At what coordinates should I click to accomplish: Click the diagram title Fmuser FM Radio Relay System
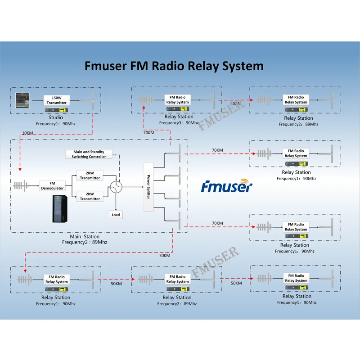click(x=174, y=66)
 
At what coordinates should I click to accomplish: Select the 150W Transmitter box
click(x=57, y=100)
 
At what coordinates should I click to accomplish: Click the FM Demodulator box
click(x=52, y=185)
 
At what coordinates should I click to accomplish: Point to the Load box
click(x=116, y=215)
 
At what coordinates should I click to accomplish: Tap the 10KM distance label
click(x=27, y=133)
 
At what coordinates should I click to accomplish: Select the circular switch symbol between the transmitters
click(x=117, y=186)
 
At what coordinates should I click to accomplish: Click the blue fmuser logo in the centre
click(x=227, y=186)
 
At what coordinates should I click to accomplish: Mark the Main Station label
click(x=85, y=236)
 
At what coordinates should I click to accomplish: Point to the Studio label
click(x=56, y=117)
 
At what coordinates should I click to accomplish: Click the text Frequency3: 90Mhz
click(x=179, y=123)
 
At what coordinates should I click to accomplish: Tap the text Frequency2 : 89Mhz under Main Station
click(x=85, y=242)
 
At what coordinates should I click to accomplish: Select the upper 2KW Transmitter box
click(x=90, y=175)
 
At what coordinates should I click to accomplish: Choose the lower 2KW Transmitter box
click(x=90, y=196)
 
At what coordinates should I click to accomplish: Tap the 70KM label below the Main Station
click(x=165, y=255)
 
